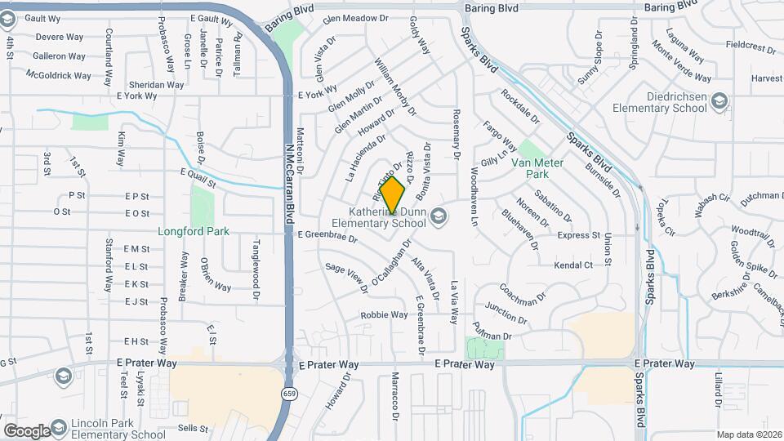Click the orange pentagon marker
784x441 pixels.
(x=393, y=195)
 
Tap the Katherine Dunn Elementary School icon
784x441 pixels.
(x=439, y=216)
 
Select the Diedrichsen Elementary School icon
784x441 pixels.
(x=719, y=101)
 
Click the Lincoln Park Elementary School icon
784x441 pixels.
(x=64, y=376)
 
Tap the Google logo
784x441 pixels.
(x=26, y=430)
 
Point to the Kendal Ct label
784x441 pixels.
(x=572, y=265)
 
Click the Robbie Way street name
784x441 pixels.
(x=384, y=314)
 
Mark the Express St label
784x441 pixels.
(x=578, y=235)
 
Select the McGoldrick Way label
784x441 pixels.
(x=59, y=75)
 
